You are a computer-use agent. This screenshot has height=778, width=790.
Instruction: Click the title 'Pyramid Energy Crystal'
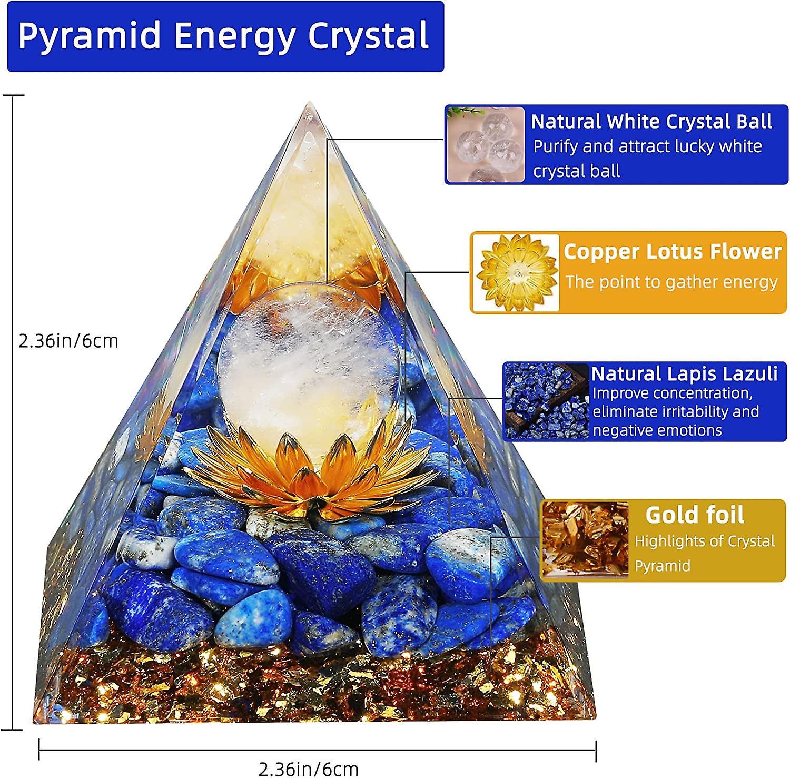click(x=224, y=36)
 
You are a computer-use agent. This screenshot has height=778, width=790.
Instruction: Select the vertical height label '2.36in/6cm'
click(x=68, y=341)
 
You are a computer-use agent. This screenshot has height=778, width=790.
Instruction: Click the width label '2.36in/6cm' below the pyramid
click(x=309, y=769)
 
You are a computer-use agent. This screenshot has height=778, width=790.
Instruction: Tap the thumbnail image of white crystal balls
click(x=486, y=144)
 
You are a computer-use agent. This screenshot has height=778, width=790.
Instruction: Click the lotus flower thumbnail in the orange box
click(x=516, y=272)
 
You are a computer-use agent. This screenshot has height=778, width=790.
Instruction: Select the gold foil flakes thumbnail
click(x=585, y=539)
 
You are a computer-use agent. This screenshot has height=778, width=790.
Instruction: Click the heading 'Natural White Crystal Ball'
click(x=651, y=122)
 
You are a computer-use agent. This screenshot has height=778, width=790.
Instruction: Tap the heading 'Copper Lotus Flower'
click(x=673, y=252)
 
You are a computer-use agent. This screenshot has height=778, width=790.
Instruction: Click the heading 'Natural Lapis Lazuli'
click(x=684, y=373)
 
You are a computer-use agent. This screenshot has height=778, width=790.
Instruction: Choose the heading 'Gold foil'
click(x=695, y=515)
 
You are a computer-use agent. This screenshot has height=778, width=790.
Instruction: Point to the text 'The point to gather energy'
click(x=671, y=282)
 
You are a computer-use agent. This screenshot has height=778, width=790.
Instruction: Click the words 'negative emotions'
click(x=657, y=430)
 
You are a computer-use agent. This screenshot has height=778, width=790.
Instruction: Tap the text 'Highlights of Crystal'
click(x=704, y=541)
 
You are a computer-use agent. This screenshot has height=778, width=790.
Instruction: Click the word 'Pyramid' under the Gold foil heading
click(x=662, y=566)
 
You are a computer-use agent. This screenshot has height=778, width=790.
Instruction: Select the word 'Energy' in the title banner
click(x=234, y=36)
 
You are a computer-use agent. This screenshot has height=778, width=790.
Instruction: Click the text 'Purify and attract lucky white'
click(x=647, y=146)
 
